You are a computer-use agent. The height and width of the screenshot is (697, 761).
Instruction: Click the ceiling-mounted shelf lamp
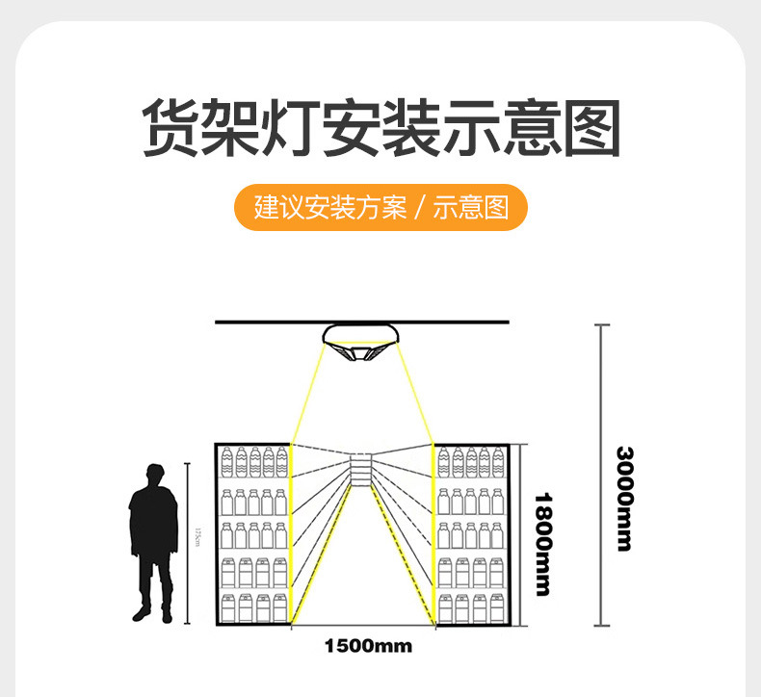coord(360,344)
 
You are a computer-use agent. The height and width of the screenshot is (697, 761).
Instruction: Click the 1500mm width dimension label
coord(367,646)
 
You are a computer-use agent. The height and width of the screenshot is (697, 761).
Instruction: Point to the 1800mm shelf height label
coord(544,543)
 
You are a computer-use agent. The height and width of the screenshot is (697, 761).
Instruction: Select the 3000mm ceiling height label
coord(624,499)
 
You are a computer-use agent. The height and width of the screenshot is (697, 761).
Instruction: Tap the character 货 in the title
coord(171,128)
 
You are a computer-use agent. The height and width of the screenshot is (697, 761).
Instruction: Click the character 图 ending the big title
coord(590,128)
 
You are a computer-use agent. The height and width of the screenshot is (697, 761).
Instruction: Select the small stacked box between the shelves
coord(360,470)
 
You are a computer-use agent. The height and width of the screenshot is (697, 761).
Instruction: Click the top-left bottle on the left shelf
coord(228,461)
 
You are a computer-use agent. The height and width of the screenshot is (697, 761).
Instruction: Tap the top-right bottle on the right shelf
coord(496,461)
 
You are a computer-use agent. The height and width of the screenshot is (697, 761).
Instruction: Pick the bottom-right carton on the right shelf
coord(496,607)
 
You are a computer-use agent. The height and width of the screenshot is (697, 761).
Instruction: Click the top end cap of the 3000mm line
coord(602,325)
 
